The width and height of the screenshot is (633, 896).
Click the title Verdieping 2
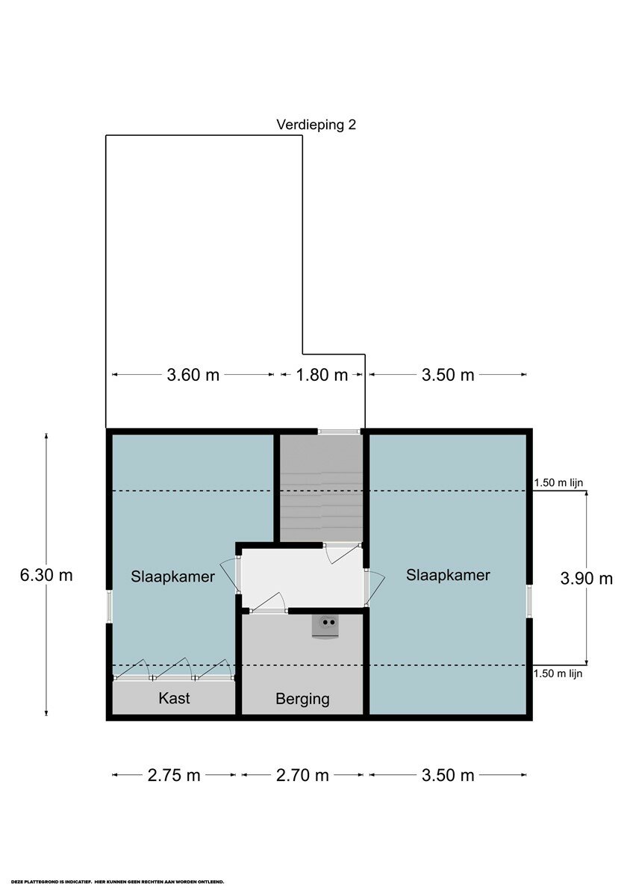(x=316, y=125)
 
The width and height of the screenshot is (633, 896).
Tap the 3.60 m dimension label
(x=193, y=375)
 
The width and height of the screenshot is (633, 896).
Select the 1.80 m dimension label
(x=322, y=375)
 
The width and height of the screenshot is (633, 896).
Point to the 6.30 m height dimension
(x=46, y=575)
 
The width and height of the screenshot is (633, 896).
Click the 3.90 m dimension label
(x=586, y=579)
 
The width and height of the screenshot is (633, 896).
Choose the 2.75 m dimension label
(x=174, y=775)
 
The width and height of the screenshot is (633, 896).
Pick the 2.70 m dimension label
(x=302, y=775)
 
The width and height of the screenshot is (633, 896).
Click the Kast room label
(x=174, y=698)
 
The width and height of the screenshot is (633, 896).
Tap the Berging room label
(x=303, y=699)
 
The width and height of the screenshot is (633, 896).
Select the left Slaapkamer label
(x=172, y=576)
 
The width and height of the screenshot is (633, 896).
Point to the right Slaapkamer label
(x=448, y=575)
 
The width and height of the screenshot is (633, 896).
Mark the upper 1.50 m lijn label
(x=558, y=483)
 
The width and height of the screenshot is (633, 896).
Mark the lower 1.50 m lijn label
(x=558, y=673)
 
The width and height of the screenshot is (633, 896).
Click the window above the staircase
(x=340, y=432)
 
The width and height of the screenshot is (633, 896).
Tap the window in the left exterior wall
(x=109, y=606)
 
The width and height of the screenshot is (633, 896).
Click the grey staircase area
(x=321, y=488)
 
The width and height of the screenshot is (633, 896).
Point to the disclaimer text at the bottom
(x=117, y=882)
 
